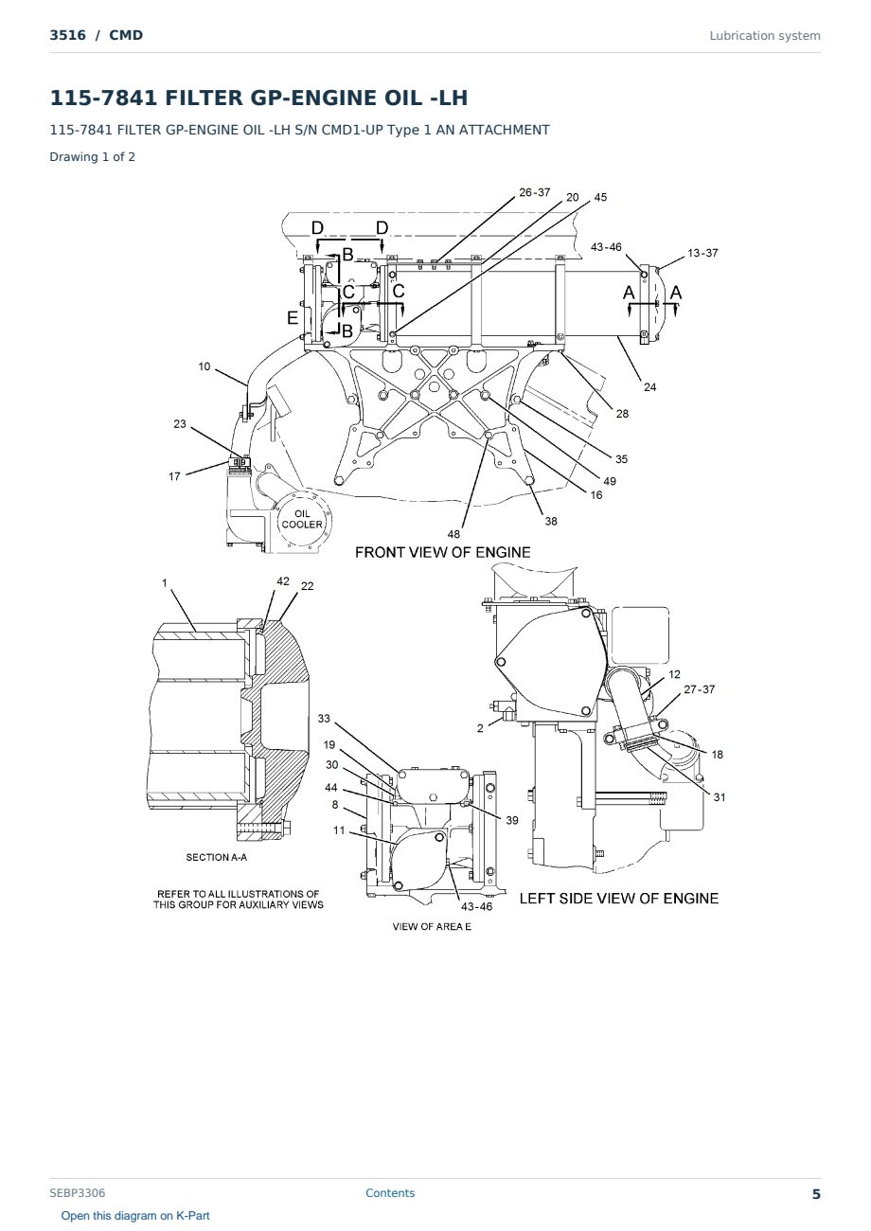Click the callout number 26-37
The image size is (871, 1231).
click(534, 192)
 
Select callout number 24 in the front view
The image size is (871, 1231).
click(649, 387)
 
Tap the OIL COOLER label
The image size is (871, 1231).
click(302, 519)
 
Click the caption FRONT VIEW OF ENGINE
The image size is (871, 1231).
click(443, 552)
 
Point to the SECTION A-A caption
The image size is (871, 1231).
click(217, 857)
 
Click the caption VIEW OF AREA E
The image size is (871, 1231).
click(432, 926)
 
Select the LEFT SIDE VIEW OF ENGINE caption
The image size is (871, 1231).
click(619, 899)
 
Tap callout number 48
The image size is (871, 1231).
click(453, 534)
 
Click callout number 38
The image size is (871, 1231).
click(551, 521)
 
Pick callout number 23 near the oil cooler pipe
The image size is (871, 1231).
click(180, 423)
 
